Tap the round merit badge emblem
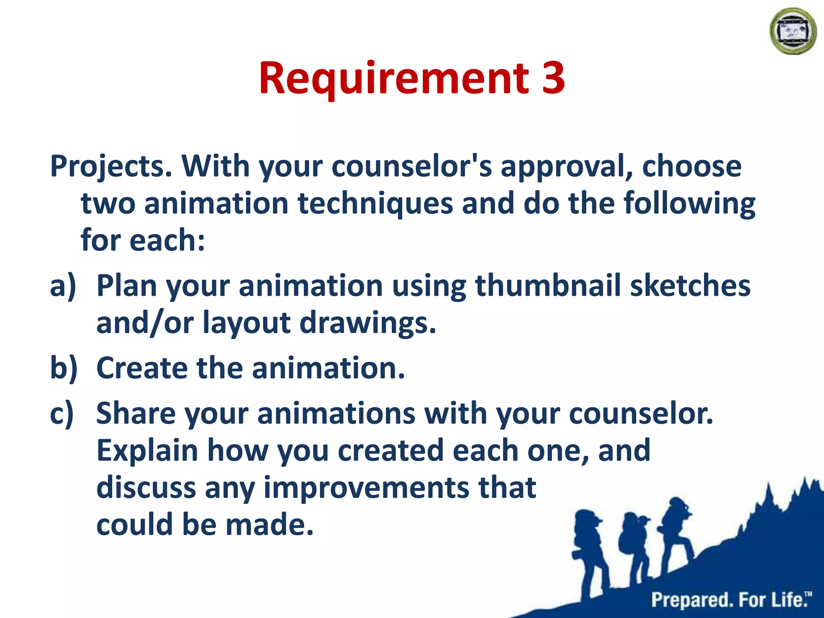pyautogui.click(x=793, y=31)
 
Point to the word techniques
pyautogui.click(x=375, y=203)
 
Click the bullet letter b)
pyautogui.click(x=64, y=369)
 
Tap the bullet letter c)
pyautogui.click(x=62, y=414)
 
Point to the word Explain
pyautogui.click(x=147, y=451)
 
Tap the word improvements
pyautogui.click(x=366, y=488)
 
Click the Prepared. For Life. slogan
pyautogui.click(x=730, y=600)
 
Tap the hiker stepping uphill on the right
pyautogui.click(x=676, y=531)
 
